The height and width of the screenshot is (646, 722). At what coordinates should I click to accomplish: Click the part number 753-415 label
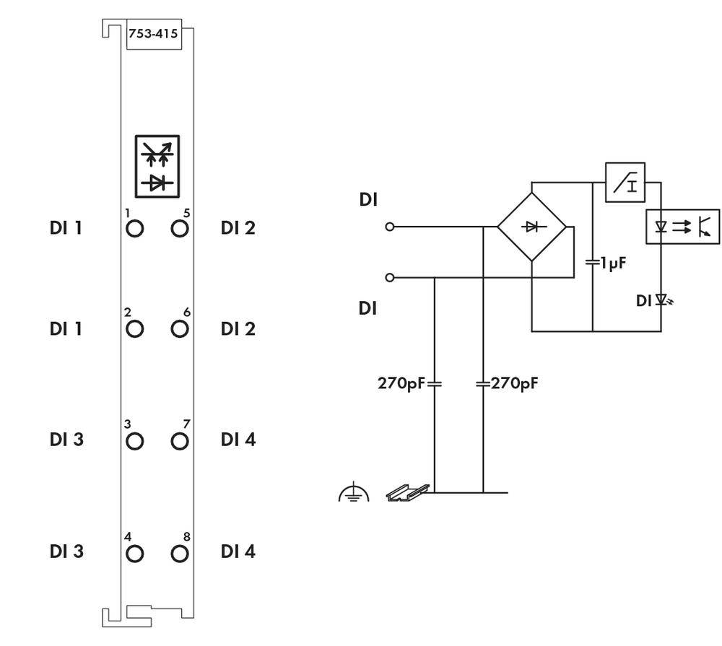153,33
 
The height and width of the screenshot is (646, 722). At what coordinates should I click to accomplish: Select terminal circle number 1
134,229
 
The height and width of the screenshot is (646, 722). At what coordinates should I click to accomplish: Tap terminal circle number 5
179,229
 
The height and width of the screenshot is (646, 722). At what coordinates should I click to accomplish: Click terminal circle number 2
134,329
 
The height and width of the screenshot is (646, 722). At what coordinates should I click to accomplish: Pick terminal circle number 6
179,329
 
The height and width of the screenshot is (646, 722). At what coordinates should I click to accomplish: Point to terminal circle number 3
134,440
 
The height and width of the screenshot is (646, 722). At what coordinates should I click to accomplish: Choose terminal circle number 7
179,440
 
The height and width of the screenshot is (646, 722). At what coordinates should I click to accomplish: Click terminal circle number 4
134,554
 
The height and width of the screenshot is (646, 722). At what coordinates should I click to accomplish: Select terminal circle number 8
179,554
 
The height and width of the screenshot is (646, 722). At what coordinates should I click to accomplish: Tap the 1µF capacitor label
606,262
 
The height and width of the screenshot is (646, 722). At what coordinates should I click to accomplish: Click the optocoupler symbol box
682,226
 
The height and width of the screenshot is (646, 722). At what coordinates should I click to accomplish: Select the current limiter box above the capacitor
625,182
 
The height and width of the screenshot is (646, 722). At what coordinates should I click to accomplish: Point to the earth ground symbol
354,494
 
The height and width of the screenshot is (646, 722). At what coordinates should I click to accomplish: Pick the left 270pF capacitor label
401,383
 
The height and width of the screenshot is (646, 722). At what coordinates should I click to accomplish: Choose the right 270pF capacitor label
514,383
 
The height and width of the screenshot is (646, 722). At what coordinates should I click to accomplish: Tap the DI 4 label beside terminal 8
238,552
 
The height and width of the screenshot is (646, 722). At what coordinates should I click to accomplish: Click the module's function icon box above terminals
157,165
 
